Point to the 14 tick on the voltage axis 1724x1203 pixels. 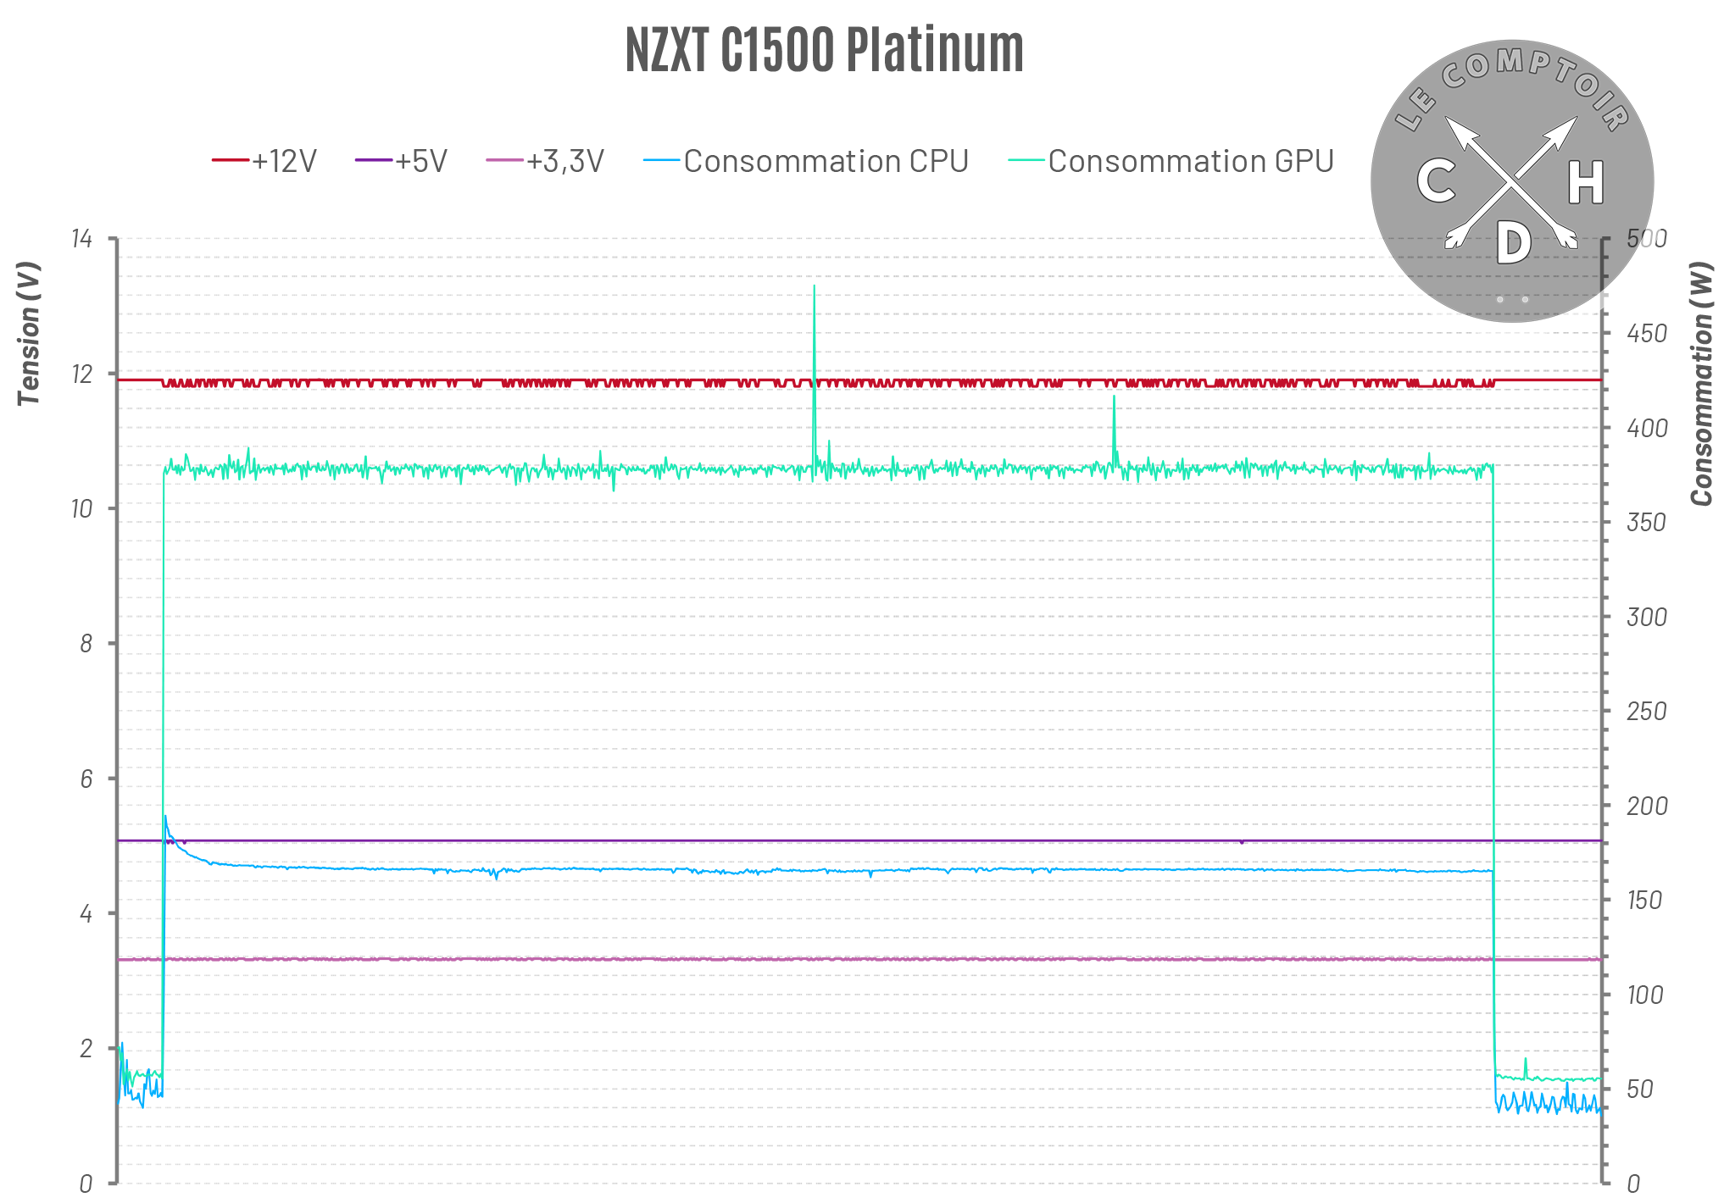tap(81, 239)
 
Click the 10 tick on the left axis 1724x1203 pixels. tap(81, 508)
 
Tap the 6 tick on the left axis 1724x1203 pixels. tap(86, 779)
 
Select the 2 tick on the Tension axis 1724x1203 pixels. tap(86, 1048)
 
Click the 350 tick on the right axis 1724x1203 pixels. tap(1646, 522)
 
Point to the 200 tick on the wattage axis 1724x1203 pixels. tap(1646, 806)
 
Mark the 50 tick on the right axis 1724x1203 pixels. tap(1640, 1089)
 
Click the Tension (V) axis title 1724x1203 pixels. tap(29, 333)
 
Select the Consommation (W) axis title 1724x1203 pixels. tap(1701, 384)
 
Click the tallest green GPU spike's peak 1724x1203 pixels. tap(815, 286)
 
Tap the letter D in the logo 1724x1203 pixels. tap(1513, 243)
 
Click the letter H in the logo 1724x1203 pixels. tap(1585, 182)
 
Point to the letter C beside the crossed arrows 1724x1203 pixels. tap(1436, 181)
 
